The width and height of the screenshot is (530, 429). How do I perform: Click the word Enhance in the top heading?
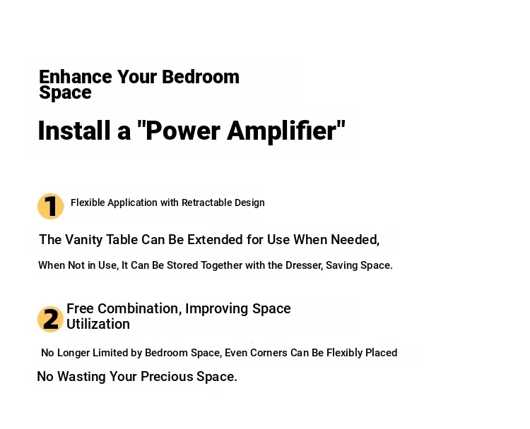click(x=76, y=77)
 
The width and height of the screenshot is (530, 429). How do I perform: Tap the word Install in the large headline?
click(x=74, y=131)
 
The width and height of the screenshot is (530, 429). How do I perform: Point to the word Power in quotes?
click(x=183, y=131)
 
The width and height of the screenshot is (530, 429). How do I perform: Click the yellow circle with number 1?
click(x=51, y=206)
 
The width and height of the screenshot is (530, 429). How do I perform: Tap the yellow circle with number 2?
click(x=51, y=319)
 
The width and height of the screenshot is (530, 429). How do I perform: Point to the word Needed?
click(x=355, y=240)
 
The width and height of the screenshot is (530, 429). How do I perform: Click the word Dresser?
click(x=304, y=265)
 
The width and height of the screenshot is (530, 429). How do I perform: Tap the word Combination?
click(x=139, y=308)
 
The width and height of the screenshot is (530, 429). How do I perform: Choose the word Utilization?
click(x=98, y=324)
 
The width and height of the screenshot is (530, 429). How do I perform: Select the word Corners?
click(x=269, y=353)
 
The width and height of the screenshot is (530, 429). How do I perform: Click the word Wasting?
click(x=81, y=377)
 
